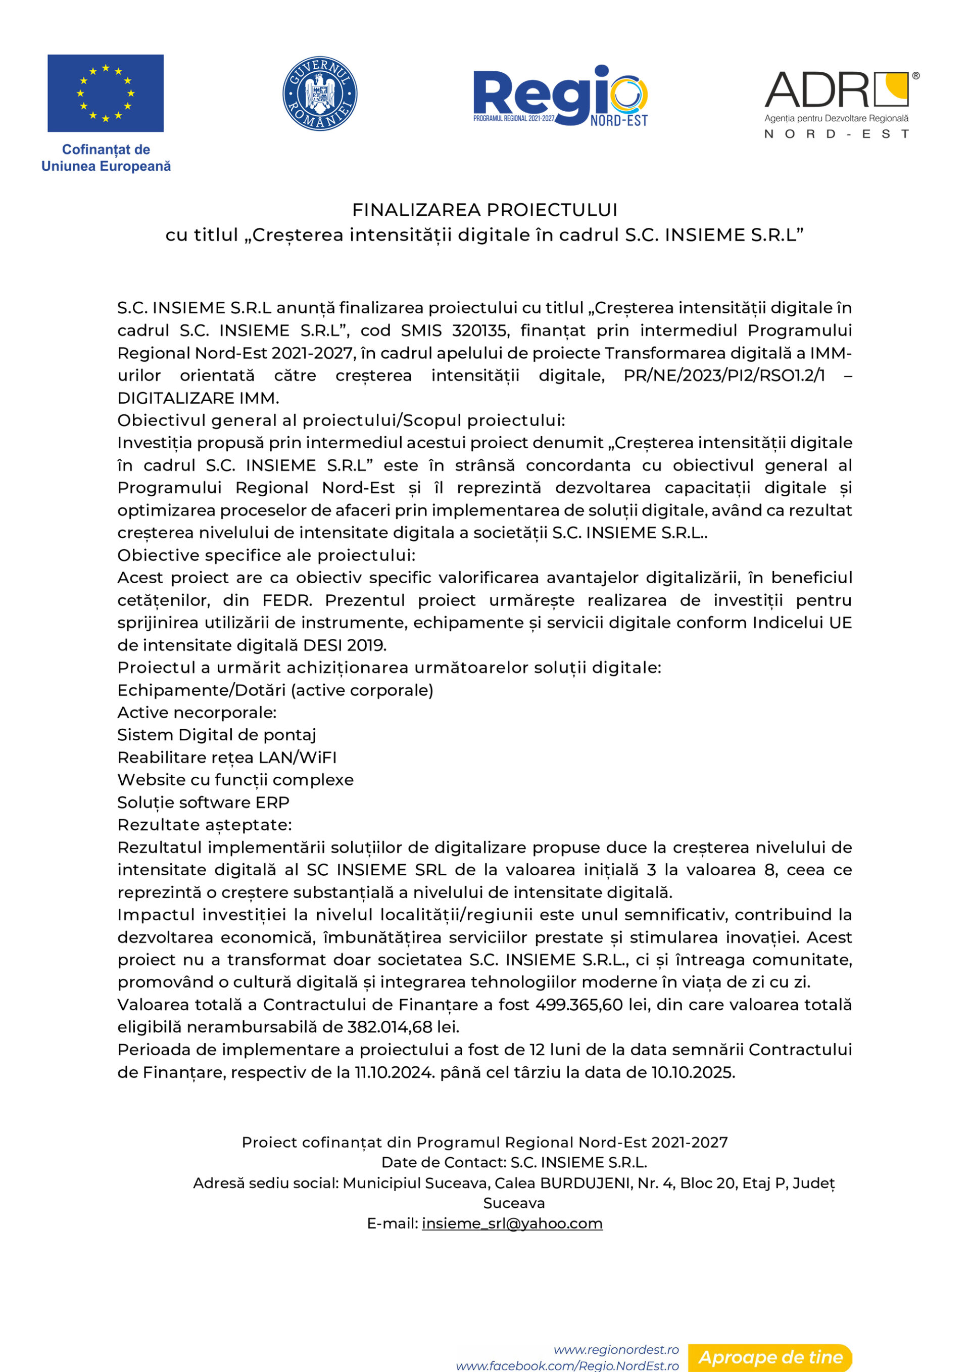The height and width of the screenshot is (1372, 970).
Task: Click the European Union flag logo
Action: pyautogui.click(x=106, y=93)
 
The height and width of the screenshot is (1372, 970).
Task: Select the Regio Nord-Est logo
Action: pyautogui.click(x=560, y=96)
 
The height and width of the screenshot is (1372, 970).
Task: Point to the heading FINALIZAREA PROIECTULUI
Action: pyautogui.click(x=484, y=210)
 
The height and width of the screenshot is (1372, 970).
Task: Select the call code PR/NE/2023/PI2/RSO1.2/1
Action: pyautogui.click(x=724, y=375)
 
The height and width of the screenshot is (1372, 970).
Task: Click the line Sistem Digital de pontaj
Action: pyautogui.click(x=216, y=734)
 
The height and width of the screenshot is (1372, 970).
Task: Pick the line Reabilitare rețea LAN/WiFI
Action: pyautogui.click(x=227, y=757)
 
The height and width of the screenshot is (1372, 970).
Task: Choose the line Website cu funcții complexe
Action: pyautogui.click(x=235, y=780)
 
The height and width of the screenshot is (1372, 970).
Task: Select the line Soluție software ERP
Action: pyautogui.click(x=203, y=802)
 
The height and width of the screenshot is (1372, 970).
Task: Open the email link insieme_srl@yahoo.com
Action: pyautogui.click(x=512, y=1223)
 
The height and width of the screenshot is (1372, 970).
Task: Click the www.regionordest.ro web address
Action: pyautogui.click(x=616, y=1349)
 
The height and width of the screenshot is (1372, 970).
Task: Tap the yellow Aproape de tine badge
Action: pyautogui.click(x=770, y=1357)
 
